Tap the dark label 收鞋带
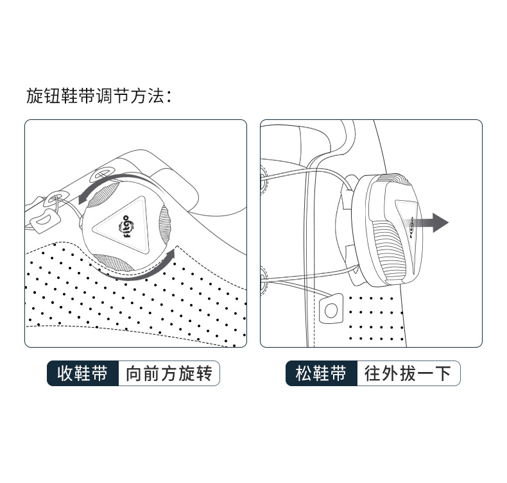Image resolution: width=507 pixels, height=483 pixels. (x=83, y=373)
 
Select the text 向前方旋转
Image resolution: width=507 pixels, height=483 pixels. (x=169, y=373)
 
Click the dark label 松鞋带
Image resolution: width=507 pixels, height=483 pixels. (x=322, y=373)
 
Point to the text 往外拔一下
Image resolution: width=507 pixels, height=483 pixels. (x=408, y=373)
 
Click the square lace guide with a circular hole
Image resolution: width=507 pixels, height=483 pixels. (x=331, y=309)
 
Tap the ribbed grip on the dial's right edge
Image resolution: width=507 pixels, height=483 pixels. (x=164, y=223)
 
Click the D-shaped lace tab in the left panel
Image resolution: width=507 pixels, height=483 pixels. (x=46, y=221)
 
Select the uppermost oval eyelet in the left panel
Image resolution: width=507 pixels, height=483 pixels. (x=103, y=173)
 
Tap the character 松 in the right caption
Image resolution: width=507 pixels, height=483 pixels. (x=304, y=373)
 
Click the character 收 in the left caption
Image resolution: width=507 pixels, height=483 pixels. (x=65, y=373)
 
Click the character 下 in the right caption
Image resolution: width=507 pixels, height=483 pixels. (x=443, y=373)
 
